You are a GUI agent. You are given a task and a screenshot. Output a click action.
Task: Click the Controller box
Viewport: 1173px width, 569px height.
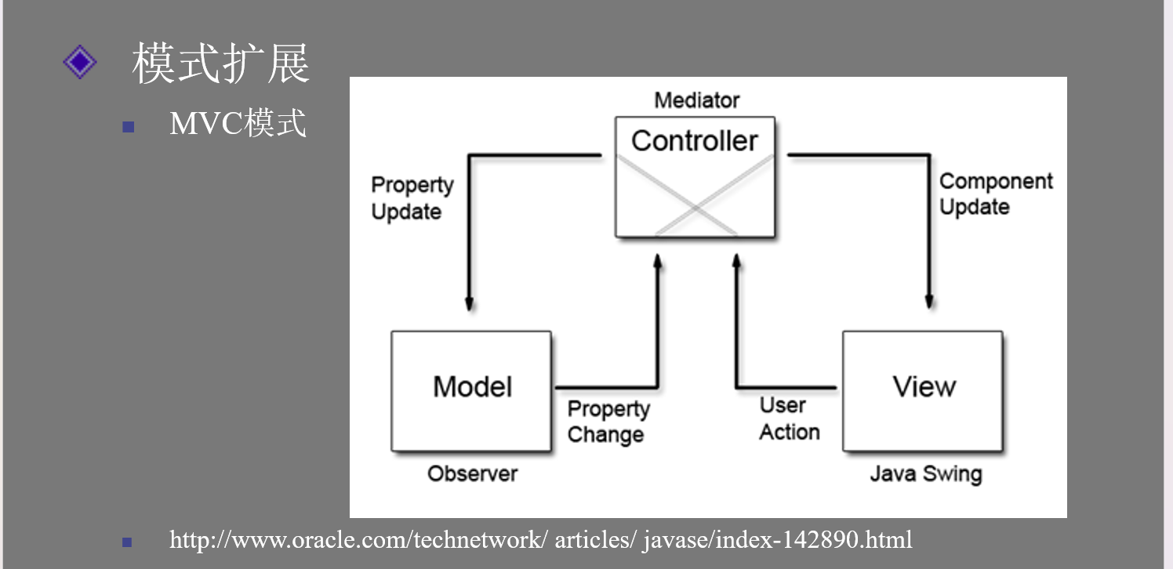pos(695,177)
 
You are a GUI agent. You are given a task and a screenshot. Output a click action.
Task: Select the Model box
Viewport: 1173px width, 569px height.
pos(471,391)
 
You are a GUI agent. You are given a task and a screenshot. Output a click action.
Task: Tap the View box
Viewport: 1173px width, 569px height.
pos(923,391)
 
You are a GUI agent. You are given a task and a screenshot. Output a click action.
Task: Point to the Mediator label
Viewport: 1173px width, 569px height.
pos(697,100)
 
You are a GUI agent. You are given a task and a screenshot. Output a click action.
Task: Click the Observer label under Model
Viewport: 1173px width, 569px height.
pos(472,473)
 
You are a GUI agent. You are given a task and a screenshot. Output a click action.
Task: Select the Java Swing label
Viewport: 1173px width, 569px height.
pos(926,473)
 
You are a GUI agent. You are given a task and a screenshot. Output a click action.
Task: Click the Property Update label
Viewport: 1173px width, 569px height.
pos(412,198)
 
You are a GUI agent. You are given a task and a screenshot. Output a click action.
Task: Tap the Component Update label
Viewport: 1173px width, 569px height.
pos(996,194)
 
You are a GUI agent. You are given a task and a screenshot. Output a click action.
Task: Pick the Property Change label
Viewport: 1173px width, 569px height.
pos(608,422)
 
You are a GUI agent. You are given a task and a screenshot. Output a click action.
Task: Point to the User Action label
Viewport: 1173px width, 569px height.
pos(790,419)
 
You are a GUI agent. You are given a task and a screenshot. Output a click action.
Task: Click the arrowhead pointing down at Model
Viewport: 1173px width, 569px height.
pos(469,303)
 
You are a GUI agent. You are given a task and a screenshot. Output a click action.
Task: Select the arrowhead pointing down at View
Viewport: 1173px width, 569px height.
pos(929,301)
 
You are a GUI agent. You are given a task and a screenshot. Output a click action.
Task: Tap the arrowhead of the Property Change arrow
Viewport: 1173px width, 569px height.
pos(658,263)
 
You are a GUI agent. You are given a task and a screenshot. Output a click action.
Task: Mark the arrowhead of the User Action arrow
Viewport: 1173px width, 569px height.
pos(736,263)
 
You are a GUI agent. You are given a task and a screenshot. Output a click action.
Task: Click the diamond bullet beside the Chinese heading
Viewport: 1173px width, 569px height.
pos(80,62)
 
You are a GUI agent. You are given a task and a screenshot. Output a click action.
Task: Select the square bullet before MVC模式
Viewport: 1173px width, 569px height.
pos(129,127)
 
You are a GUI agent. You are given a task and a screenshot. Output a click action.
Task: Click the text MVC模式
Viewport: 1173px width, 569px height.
pos(238,124)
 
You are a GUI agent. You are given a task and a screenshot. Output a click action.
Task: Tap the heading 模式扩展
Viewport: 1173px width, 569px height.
pos(220,63)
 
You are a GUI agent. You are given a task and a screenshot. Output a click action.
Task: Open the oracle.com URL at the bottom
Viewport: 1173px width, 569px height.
pos(540,540)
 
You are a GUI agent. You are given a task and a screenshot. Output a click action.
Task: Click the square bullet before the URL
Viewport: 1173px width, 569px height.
pos(127,542)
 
